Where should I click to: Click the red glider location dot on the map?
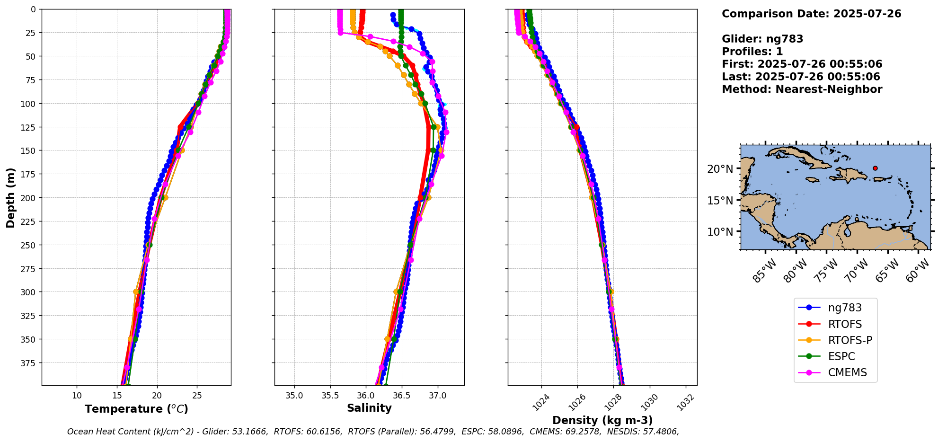(x=875, y=168)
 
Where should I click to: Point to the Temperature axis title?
(x=136, y=409)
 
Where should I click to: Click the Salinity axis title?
(x=369, y=408)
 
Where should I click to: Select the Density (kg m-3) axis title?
(x=602, y=420)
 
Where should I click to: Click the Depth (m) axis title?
(x=10, y=197)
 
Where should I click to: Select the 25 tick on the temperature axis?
(x=197, y=396)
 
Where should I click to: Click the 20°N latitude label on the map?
(x=720, y=169)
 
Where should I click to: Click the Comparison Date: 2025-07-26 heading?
(x=811, y=14)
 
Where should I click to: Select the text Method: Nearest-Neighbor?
(x=802, y=89)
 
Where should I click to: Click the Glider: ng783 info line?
(x=762, y=39)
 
